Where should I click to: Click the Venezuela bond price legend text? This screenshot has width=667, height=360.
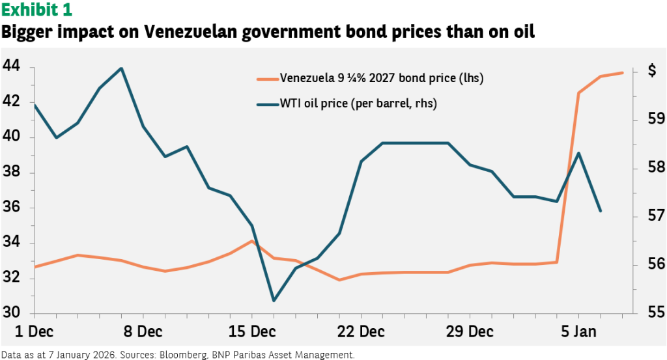[381, 79]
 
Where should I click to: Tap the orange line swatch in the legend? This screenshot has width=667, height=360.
[267, 79]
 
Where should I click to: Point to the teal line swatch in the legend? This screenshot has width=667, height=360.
[267, 104]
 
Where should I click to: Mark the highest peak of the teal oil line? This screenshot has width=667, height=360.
[121, 68]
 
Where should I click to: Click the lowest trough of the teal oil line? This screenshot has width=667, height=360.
[274, 300]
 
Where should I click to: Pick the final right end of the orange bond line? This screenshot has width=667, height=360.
[623, 72]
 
